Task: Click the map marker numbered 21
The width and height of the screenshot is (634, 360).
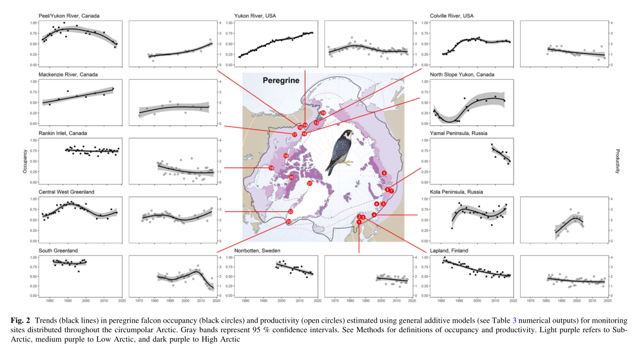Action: tap(310, 183)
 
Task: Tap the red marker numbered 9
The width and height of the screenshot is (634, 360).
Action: tap(384, 173)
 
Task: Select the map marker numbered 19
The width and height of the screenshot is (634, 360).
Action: tap(272, 168)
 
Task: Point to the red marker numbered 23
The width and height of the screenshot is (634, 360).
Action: tap(289, 221)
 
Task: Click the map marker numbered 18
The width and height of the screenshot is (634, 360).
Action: tap(286, 156)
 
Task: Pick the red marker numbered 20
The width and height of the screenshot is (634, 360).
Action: tap(291, 177)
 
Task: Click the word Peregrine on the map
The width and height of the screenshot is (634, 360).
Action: tap(280, 80)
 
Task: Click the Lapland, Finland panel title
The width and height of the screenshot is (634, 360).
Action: tap(449, 251)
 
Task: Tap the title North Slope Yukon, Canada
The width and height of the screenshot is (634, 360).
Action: tap(462, 74)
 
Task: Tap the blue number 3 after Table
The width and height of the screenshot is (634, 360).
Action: tap(514, 320)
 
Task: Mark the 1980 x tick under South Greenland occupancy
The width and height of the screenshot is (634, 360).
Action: tap(50, 301)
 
